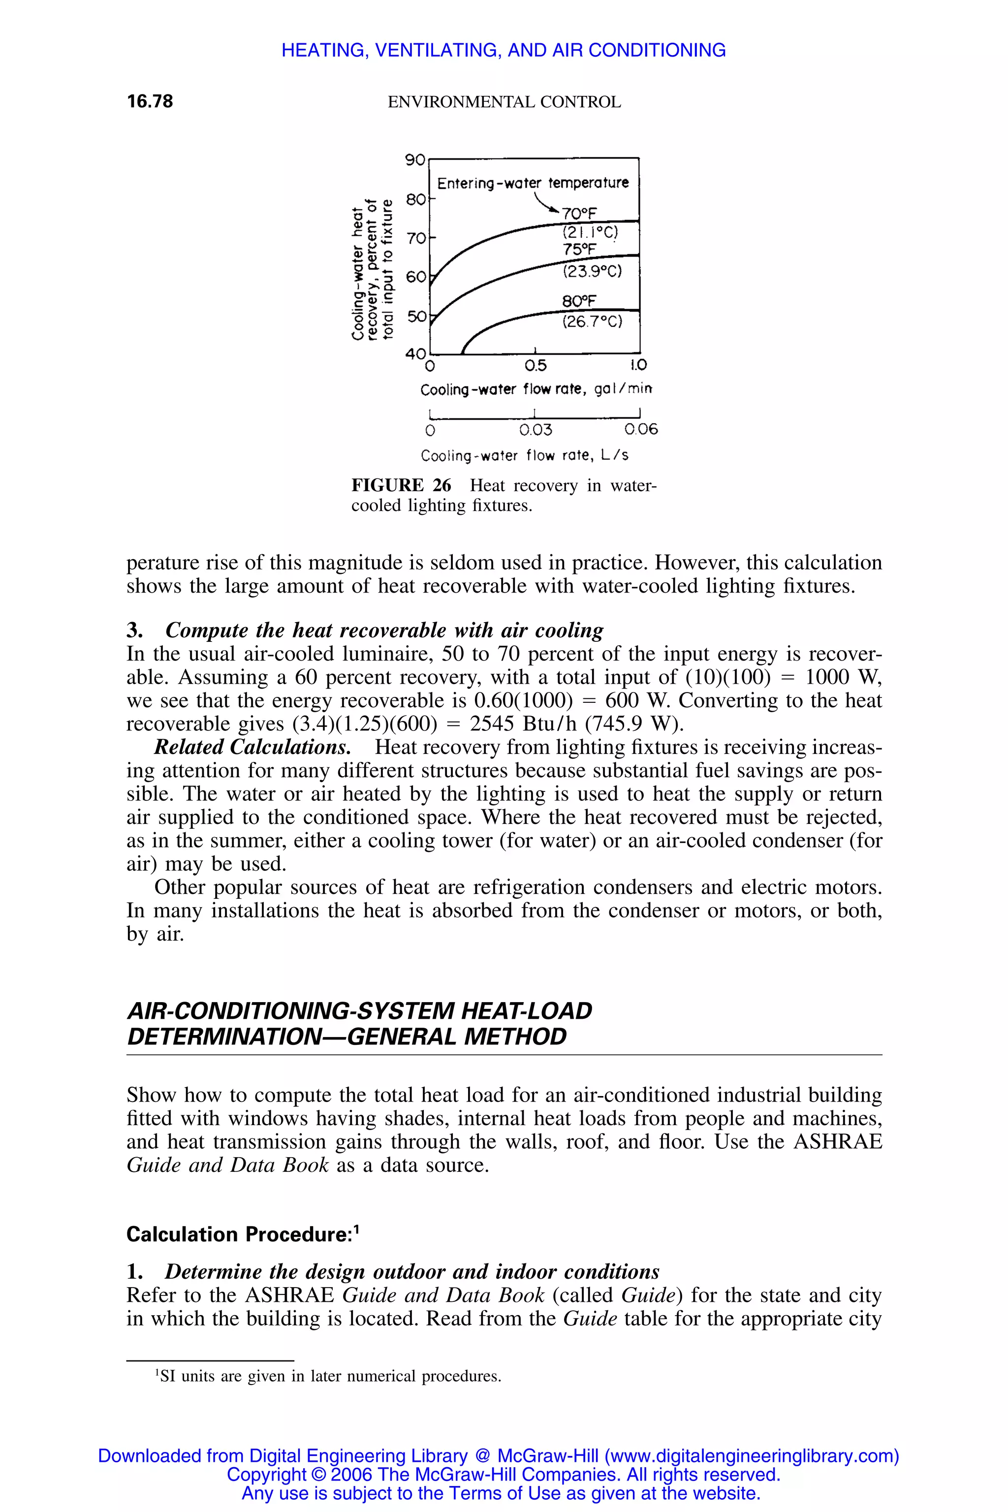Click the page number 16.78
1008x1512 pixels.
(150, 101)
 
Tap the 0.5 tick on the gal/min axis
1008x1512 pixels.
(535, 366)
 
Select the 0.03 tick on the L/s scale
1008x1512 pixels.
(535, 429)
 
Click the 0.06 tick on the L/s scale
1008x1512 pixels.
(641, 429)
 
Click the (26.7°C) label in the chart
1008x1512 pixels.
(592, 321)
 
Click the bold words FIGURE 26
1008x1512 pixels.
(401, 485)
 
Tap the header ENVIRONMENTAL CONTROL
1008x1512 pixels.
(504, 102)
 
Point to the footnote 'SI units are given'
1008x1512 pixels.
(329, 1376)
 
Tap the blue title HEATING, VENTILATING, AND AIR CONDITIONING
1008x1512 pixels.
(504, 50)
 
